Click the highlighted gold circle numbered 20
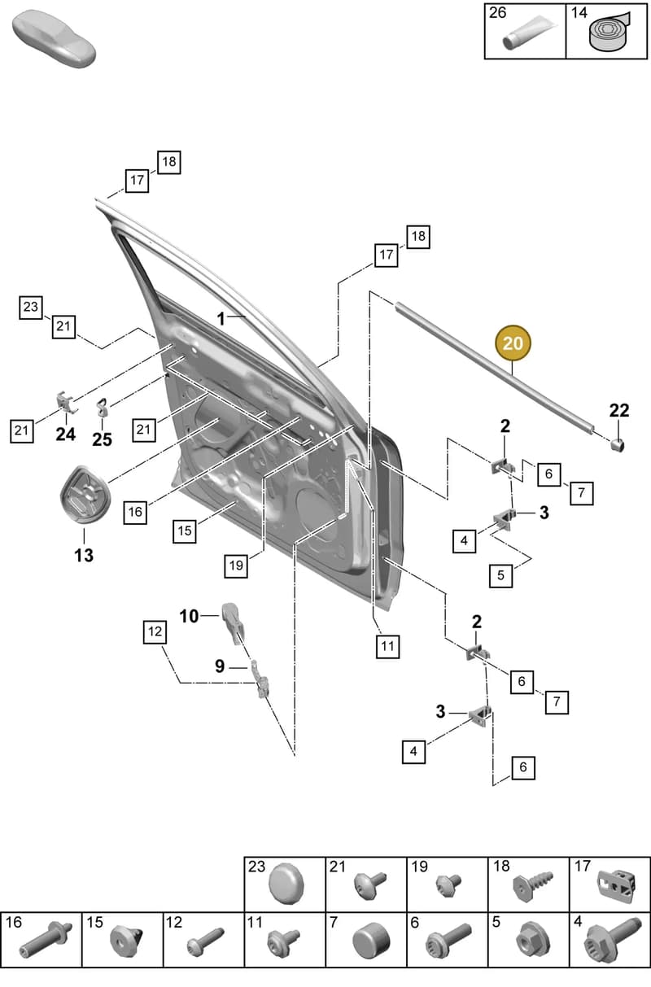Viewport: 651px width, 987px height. tap(513, 343)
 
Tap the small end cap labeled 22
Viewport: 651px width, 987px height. tap(618, 445)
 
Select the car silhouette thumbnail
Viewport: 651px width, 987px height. tap(54, 39)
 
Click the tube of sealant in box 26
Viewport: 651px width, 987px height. tap(530, 32)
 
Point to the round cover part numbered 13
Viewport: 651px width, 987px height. tap(85, 495)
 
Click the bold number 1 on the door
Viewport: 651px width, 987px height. tap(221, 319)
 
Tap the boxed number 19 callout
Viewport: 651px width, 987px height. tap(236, 566)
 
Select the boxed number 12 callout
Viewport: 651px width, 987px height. tap(155, 632)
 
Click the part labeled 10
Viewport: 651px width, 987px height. tap(233, 623)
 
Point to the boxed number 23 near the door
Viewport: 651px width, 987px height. tap(31, 307)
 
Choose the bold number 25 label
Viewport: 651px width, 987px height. tap(102, 439)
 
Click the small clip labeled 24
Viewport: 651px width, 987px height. tap(66, 402)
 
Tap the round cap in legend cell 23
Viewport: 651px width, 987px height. tap(286, 884)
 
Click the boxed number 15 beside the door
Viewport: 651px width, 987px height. tap(184, 531)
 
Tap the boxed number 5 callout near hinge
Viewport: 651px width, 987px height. tap(500, 575)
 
